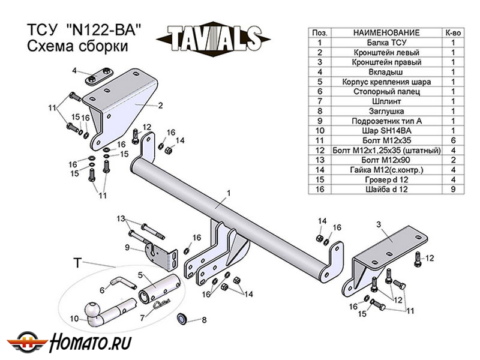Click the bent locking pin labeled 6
tap(124, 283)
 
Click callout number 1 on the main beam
tap(229, 193)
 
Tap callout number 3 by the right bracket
tap(379, 224)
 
